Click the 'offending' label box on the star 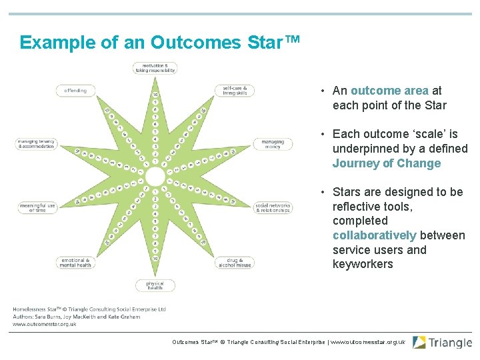pyautogui.click(x=75, y=91)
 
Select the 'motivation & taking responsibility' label pyautogui.click(x=155, y=67)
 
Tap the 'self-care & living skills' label pyautogui.click(x=235, y=91)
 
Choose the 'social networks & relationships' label pyautogui.click(x=273, y=208)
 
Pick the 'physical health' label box pyautogui.click(x=155, y=285)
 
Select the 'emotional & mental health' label pyautogui.click(x=75, y=263)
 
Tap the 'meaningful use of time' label pyautogui.click(x=37, y=208)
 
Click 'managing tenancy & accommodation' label pyautogui.click(x=37, y=144)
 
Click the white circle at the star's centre pyautogui.click(x=155, y=177)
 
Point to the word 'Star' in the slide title pyautogui.click(x=263, y=43)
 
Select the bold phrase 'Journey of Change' pyautogui.click(x=387, y=164)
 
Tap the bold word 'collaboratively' pyautogui.click(x=374, y=235)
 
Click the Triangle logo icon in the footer pyautogui.click(x=419, y=343)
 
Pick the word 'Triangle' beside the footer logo pyautogui.click(x=450, y=343)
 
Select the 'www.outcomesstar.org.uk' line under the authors pyautogui.click(x=45, y=324)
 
